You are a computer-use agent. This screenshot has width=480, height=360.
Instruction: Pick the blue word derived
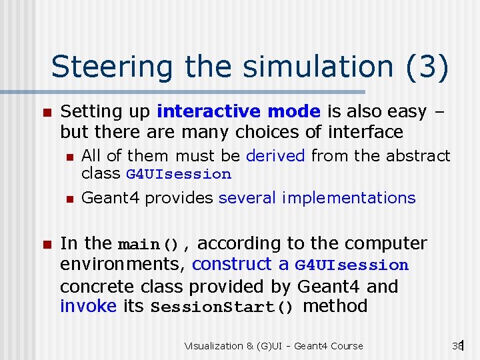(x=275, y=155)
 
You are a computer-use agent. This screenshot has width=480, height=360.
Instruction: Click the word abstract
(x=417, y=155)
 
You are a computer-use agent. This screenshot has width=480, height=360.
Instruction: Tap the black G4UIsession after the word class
(x=179, y=175)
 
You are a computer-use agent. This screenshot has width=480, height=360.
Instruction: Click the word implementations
(x=349, y=198)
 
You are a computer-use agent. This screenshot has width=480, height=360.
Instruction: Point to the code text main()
(x=149, y=244)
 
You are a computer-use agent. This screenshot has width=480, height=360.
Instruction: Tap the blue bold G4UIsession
(x=351, y=265)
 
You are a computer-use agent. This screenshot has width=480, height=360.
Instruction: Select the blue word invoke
(x=88, y=306)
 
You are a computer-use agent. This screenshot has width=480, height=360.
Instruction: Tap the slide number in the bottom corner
(x=457, y=345)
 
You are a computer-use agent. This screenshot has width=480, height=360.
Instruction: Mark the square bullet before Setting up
(x=45, y=111)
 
